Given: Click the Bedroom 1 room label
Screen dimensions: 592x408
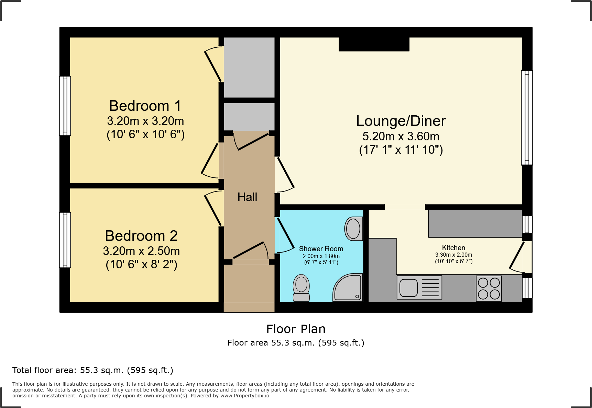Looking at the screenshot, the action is tap(145, 106).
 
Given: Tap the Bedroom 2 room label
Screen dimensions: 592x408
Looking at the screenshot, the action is tap(141, 236).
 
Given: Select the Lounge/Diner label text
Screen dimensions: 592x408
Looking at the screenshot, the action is tap(401, 121).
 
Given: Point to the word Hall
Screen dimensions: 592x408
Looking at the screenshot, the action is tap(247, 197).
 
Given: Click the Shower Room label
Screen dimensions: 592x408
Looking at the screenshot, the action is tap(321, 249).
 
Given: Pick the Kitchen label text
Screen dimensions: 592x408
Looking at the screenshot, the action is tap(453, 248).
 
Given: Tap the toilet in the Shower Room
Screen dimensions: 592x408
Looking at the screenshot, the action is tap(301, 288).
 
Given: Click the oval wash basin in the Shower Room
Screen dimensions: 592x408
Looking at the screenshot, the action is tap(353, 229).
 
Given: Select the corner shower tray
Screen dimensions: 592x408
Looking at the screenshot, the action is tap(348, 288).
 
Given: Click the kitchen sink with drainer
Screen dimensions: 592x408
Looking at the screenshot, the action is tap(419, 287).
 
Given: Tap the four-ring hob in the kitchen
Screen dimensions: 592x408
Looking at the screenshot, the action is tap(489, 288).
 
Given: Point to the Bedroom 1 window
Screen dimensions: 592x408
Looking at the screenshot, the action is tap(65, 106).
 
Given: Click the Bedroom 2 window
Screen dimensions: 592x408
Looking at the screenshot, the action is tap(65, 240).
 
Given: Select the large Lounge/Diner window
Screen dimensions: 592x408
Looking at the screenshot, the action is tap(527, 118).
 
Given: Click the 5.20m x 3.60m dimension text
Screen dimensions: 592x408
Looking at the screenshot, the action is tap(401, 137).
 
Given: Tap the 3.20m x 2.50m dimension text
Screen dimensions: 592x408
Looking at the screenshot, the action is tap(141, 251).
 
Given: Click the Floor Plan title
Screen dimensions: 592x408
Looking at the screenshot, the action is tap(296, 329).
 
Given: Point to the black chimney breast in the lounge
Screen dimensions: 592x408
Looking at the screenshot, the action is tap(374, 44).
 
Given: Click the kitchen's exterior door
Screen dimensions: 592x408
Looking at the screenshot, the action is tap(517, 256).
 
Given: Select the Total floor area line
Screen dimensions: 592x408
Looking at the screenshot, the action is tap(93, 370).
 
